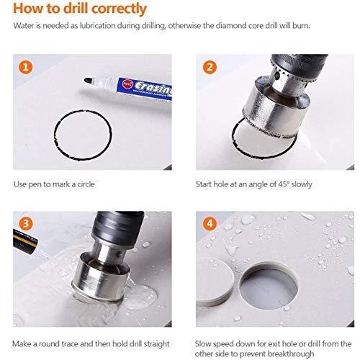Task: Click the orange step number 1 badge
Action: click(25, 67)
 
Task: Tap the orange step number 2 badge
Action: click(210, 67)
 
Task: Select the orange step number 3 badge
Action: click(25, 224)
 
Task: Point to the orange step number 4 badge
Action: click(210, 224)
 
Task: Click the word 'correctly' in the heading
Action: click(119, 9)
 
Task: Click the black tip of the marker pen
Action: click(88, 81)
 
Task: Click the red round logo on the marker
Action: click(127, 84)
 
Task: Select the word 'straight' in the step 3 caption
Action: click(156, 344)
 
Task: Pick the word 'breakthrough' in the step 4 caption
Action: click(290, 354)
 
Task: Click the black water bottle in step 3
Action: click(25, 241)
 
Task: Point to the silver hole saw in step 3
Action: click(101, 276)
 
